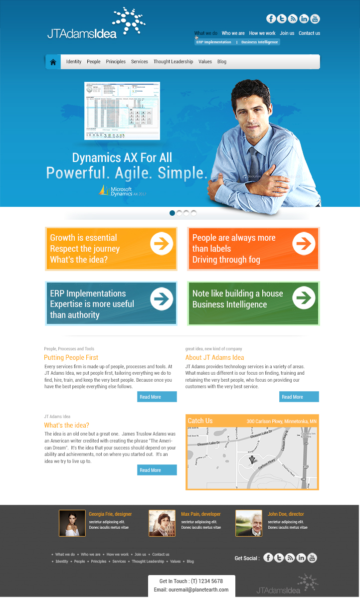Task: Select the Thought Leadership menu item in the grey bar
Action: (x=173, y=62)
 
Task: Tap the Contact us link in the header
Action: (x=309, y=33)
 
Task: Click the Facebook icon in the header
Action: (x=271, y=19)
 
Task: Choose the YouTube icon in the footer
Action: (x=312, y=558)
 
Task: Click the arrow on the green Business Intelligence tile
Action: (x=304, y=298)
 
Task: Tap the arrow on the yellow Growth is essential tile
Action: (x=162, y=243)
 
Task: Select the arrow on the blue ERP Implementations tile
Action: (x=162, y=299)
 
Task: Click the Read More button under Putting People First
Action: (x=157, y=397)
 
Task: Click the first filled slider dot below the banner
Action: (x=173, y=213)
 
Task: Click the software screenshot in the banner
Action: (x=122, y=111)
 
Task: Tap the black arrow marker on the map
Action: (x=252, y=459)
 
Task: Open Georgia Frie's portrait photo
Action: (x=72, y=523)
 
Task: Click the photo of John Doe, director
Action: (x=249, y=523)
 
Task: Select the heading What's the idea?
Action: (x=66, y=425)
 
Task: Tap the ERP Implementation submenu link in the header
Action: (x=214, y=42)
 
